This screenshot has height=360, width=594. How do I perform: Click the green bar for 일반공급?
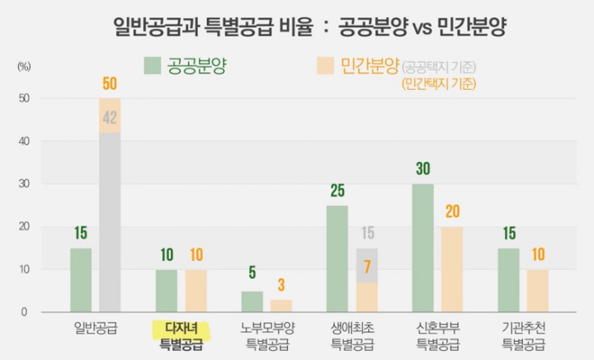tap(81, 280)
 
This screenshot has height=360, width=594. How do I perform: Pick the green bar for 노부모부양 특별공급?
tap(252, 301)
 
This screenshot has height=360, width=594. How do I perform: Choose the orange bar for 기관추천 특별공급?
tap(537, 291)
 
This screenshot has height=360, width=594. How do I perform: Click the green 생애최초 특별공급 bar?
tap(337, 258)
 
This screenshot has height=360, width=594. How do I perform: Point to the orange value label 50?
tap(110, 84)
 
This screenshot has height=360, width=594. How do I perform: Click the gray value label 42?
tap(110, 118)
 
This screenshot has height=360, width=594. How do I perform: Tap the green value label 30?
tap(422, 169)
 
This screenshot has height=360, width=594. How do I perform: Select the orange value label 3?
tap(280, 286)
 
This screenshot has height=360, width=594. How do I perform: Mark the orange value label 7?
tap(366, 268)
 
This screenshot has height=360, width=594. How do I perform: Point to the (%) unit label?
tap(24, 66)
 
